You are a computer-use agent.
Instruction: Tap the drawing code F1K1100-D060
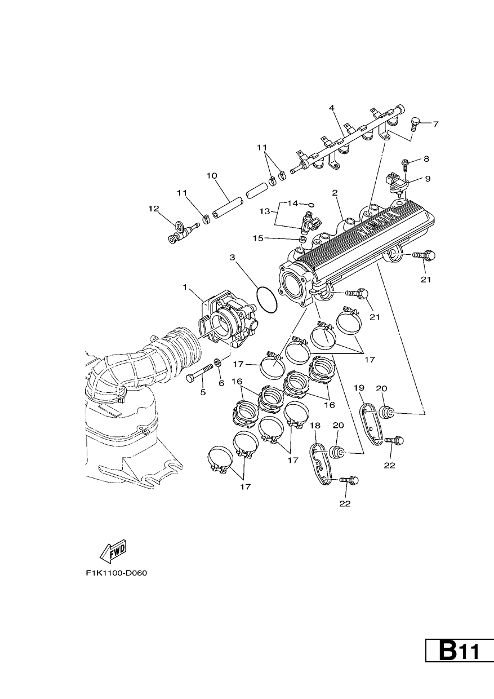click(116, 573)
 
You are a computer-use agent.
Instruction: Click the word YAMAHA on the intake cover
click(378, 224)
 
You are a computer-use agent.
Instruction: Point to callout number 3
click(232, 258)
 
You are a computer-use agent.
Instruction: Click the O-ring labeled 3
click(267, 300)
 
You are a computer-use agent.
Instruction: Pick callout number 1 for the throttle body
click(185, 287)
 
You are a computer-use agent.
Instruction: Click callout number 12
click(154, 209)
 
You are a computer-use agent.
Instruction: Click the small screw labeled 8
click(404, 164)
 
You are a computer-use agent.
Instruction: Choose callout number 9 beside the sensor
click(428, 179)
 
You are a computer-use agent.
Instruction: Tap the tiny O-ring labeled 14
click(311, 205)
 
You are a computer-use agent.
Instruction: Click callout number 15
click(258, 238)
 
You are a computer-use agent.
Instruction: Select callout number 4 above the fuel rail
click(332, 108)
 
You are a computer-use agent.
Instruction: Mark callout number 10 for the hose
click(212, 176)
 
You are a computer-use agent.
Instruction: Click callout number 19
click(359, 388)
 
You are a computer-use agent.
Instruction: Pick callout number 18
click(315, 426)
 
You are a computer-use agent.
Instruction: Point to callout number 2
click(335, 193)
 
